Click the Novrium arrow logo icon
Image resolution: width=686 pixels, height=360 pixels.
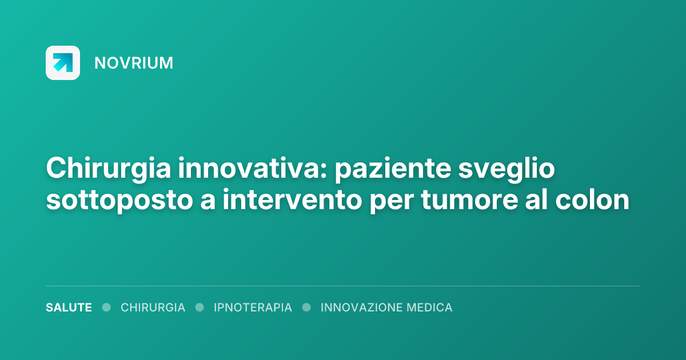click(63, 62)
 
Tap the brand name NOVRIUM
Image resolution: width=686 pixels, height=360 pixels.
click(134, 63)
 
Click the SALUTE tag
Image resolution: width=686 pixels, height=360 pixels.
click(69, 307)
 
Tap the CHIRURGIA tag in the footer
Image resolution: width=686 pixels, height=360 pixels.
click(153, 307)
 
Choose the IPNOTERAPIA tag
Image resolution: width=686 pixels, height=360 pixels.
click(253, 307)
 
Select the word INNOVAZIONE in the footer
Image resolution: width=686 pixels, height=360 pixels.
click(361, 307)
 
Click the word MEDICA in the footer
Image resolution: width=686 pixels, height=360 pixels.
click(429, 307)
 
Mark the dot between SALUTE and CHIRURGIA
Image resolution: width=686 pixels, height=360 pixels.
click(106, 307)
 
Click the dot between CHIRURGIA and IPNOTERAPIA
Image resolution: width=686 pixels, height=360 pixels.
click(200, 307)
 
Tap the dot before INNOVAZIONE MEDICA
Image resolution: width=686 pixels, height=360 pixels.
click(306, 307)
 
